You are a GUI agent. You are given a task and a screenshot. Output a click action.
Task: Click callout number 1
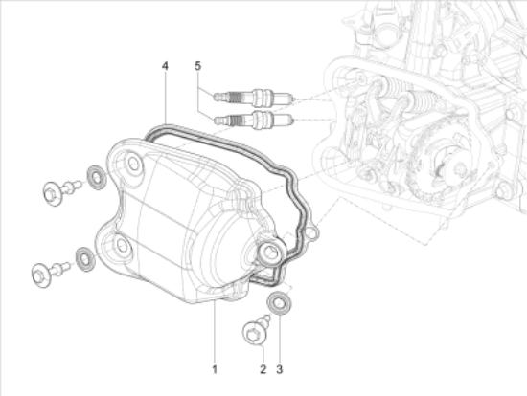click(x=215, y=368)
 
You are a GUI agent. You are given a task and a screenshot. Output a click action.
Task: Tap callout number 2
click(x=262, y=368)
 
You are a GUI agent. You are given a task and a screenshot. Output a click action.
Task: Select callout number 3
click(x=281, y=368)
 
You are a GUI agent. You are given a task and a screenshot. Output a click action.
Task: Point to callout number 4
click(x=166, y=66)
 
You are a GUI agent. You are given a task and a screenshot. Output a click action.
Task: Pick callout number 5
click(x=197, y=66)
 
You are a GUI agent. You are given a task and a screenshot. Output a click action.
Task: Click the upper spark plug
click(x=255, y=98)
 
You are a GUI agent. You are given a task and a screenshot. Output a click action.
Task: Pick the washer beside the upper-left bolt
click(x=96, y=177)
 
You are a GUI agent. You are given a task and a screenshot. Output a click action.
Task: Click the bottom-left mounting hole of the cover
click(x=121, y=248)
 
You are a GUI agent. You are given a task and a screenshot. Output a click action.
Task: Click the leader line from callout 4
click(x=166, y=96)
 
